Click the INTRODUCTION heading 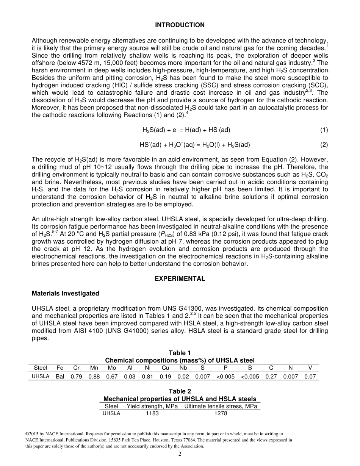pyautogui.click(x=180, y=25)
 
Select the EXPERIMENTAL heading pyautogui.click(x=180, y=278)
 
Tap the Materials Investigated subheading pyautogui.click(x=65, y=293)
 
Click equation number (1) pyautogui.click(x=324, y=130)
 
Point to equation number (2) pyautogui.click(x=324, y=145)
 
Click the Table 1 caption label pyautogui.click(x=180, y=353)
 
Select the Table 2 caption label pyautogui.click(x=180, y=391)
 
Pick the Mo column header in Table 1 pyautogui.click(x=112, y=367)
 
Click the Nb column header pyautogui.click(x=183, y=367)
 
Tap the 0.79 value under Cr pyautogui.click(x=77, y=377)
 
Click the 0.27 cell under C pyautogui.click(x=271, y=377)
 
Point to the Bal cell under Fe pyautogui.click(x=60, y=377)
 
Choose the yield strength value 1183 pyautogui.click(x=152, y=413)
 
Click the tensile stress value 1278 pyautogui.click(x=221, y=413)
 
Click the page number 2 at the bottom pyautogui.click(x=180, y=454)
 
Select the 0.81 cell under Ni pyautogui.click(x=148, y=377)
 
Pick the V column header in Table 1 pyautogui.click(x=310, y=367)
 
